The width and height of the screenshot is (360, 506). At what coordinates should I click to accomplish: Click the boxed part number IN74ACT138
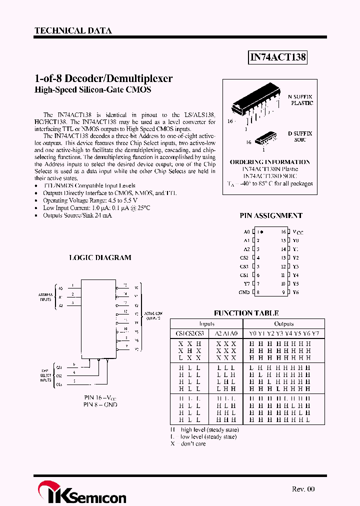[277, 57]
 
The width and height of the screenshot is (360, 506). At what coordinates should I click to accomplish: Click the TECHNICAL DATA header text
[73, 30]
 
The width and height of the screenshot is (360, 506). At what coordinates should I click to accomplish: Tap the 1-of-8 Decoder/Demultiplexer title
[103, 79]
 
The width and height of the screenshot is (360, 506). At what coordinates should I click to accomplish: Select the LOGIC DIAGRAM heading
[100, 257]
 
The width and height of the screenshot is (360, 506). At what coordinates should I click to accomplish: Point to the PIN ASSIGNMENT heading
[271, 215]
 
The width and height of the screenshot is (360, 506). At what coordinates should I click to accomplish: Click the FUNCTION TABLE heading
[246, 313]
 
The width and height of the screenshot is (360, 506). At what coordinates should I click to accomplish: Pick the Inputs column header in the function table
[206, 323]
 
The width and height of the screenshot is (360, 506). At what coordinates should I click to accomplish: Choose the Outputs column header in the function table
[283, 323]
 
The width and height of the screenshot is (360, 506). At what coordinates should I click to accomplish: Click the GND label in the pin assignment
[244, 292]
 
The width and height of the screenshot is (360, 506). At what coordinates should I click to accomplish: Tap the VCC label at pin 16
[298, 232]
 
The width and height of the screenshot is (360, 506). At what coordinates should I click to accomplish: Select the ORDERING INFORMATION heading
[269, 162]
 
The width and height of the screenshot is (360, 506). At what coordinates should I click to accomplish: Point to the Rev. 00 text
[303, 489]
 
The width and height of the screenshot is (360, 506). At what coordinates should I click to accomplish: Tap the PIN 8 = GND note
[100, 404]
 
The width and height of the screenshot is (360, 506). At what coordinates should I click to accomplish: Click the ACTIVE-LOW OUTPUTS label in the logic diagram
[153, 315]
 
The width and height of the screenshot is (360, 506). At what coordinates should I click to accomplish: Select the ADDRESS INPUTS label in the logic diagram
[45, 297]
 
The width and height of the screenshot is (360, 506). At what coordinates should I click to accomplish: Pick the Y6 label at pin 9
[295, 292]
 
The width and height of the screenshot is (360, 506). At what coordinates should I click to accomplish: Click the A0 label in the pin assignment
[246, 232]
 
